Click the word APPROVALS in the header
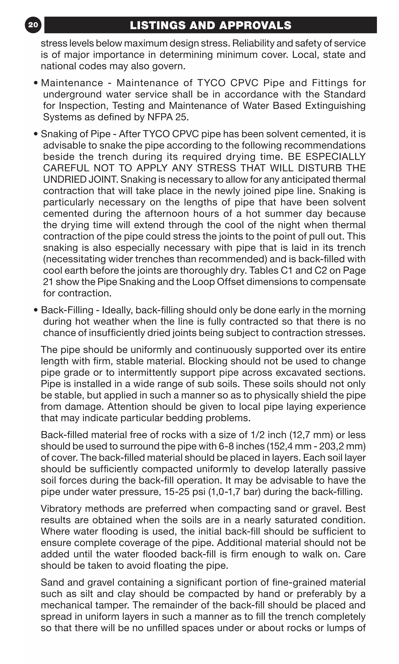tap(255, 25)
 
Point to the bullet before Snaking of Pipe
tap(36, 134)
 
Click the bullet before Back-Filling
tap(36, 310)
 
